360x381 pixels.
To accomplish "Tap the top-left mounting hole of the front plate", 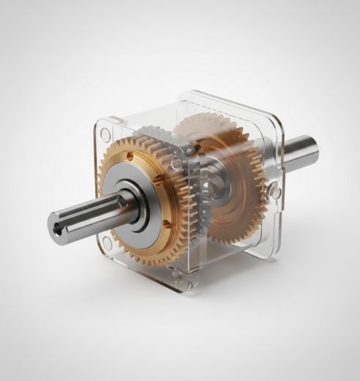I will click(x=105, y=134).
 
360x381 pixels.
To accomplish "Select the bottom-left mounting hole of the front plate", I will click(x=107, y=241).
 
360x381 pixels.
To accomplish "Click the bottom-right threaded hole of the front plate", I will click(x=177, y=276).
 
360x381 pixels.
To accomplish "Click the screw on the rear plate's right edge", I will click(x=273, y=192).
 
